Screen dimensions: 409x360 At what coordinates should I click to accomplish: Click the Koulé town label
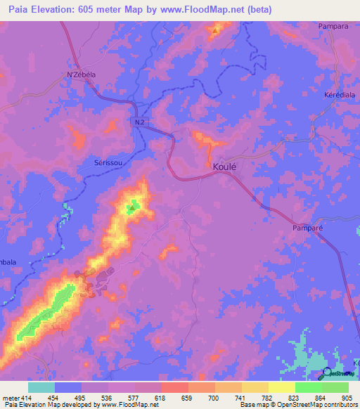click(224, 167)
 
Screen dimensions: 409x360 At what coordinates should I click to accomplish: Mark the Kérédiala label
click(340, 94)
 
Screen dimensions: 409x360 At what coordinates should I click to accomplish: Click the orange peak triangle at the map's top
click(215, 30)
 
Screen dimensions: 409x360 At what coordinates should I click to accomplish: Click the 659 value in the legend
click(186, 397)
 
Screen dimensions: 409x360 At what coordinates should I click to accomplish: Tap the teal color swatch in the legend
click(41, 387)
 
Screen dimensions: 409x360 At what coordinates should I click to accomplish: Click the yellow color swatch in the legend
click(281, 387)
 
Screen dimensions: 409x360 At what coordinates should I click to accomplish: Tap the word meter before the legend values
click(9, 397)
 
